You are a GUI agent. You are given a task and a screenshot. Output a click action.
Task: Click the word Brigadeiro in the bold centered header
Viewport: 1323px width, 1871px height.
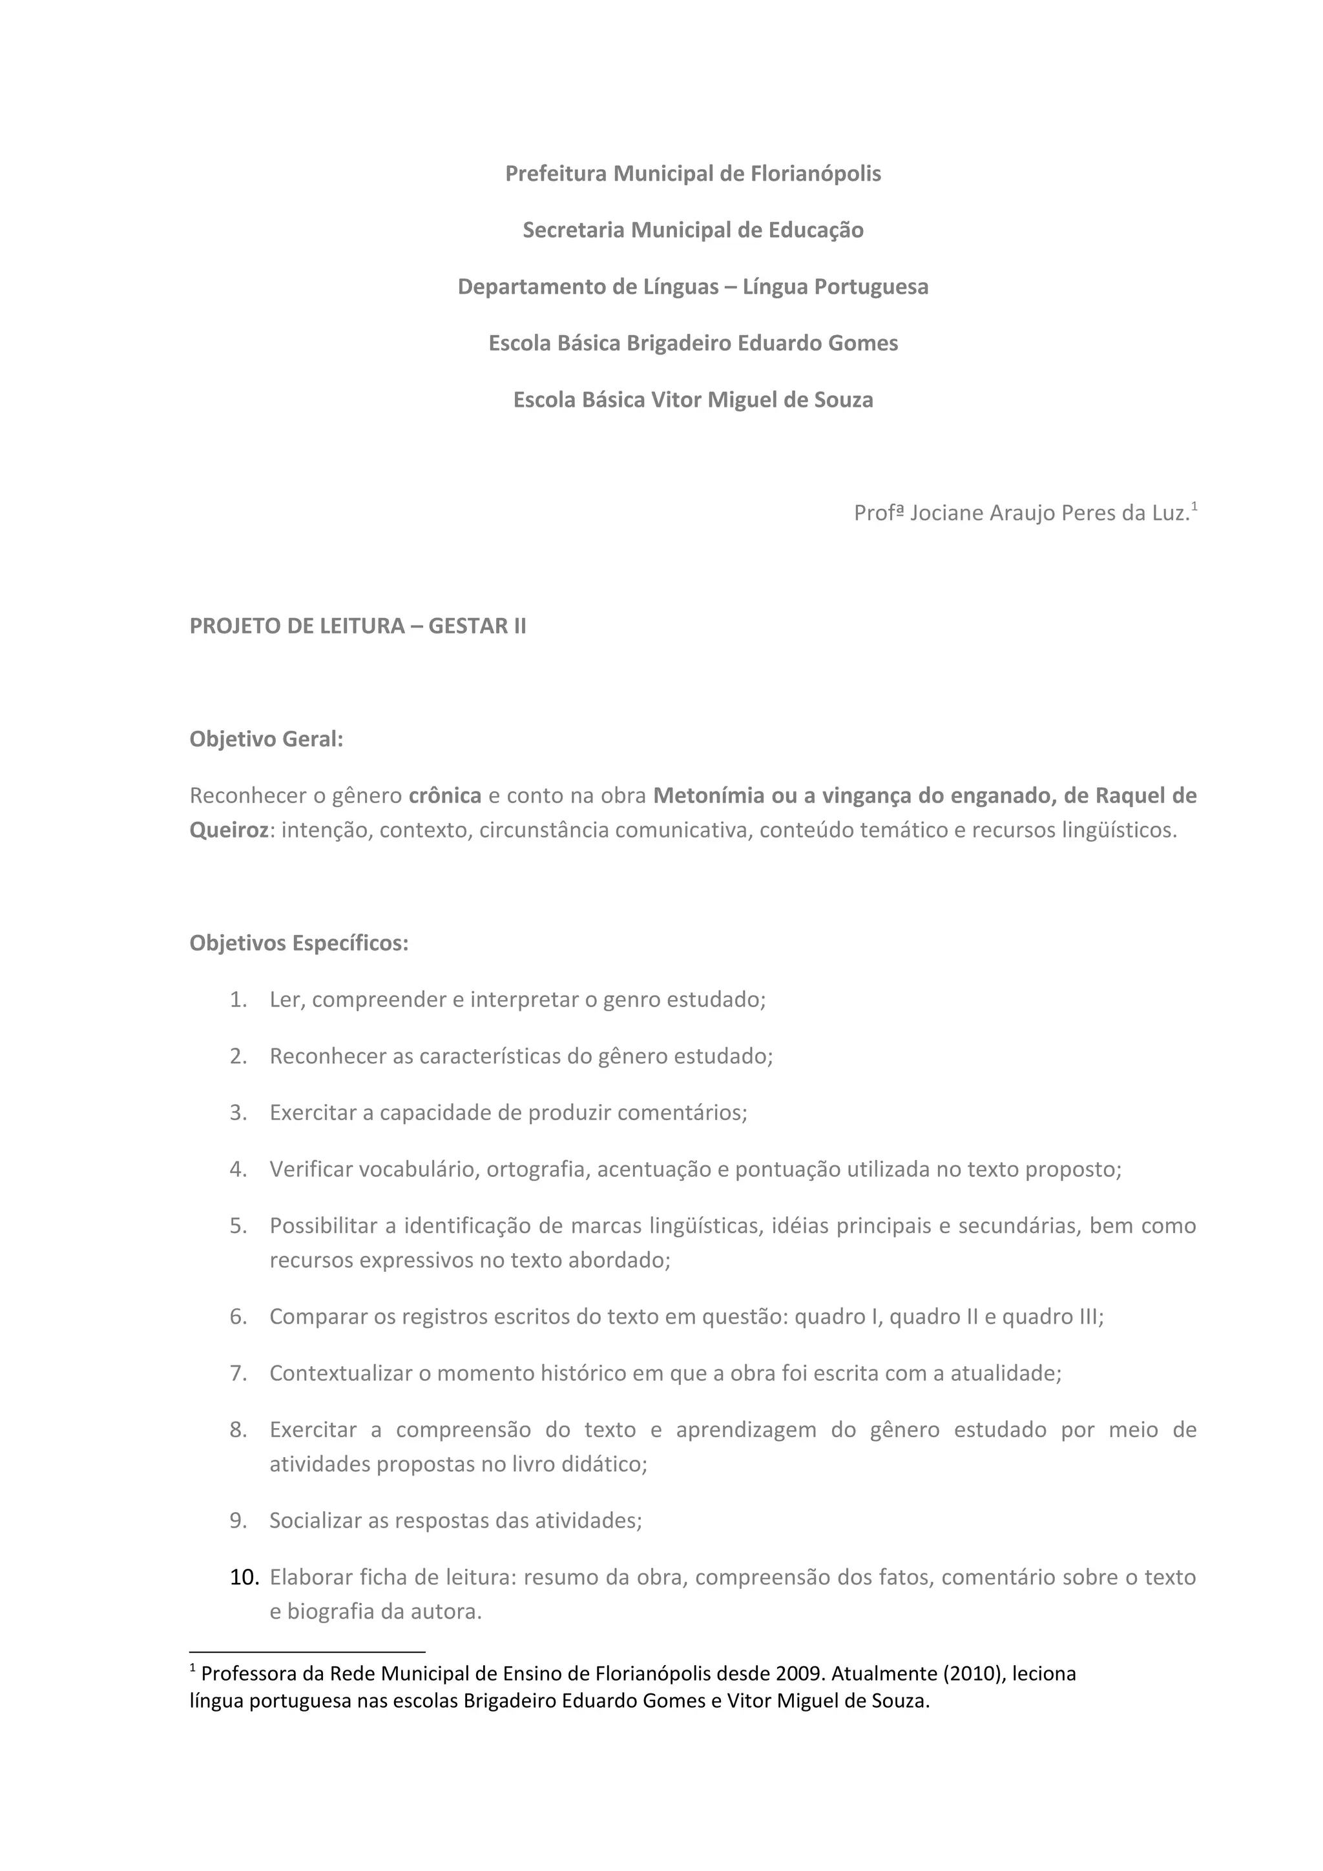click(x=678, y=343)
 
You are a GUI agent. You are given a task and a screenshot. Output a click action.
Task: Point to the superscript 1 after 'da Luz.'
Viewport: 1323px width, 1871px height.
click(x=1194, y=507)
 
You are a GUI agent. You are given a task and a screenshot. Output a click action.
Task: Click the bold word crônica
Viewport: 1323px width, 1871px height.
click(x=445, y=795)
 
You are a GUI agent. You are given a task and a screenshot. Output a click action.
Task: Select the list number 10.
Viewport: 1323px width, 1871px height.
click(x=244, y=1578)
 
